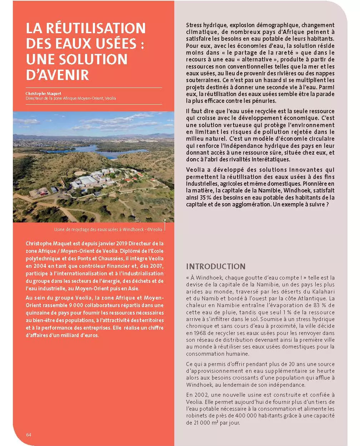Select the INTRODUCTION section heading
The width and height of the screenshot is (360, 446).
pos(216,266)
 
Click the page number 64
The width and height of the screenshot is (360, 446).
pos(29,435)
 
